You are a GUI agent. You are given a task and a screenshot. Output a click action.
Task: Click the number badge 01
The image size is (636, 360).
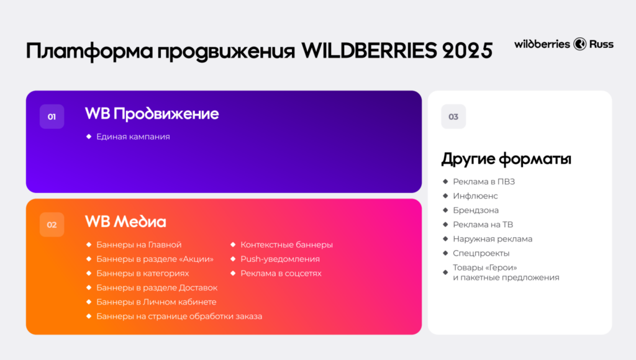(x=52, y=116)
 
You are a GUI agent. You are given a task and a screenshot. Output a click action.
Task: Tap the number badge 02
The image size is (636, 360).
(x=52, y=225)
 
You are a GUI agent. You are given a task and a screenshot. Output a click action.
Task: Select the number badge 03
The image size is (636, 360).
(x=453, y=117)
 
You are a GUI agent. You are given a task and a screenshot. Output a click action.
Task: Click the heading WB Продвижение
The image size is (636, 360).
(x=152, y=114)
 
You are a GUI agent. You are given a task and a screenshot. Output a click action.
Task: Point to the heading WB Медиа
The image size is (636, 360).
(x=125, y=222)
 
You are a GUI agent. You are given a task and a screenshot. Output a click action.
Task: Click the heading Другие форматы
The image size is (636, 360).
(x=506, y=159)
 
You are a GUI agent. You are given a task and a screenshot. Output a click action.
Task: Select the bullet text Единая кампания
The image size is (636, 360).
(x=133, y=137)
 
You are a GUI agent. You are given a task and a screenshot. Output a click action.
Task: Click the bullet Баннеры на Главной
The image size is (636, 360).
(x=139, y=245)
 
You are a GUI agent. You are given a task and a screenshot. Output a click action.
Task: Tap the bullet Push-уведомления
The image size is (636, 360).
(x=280, y=259)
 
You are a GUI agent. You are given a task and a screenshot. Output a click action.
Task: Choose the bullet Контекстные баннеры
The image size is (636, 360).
(x=286, y=245)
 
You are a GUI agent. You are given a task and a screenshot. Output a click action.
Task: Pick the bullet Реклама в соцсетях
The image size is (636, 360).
(x=281, y=273)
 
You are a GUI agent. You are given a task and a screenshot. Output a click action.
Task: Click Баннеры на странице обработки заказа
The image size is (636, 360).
(x=179, y=316)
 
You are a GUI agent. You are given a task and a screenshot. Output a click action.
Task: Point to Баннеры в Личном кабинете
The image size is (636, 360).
(x=156, y=302)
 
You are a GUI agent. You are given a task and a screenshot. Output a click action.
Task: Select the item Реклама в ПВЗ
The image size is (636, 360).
(x=484, y=181)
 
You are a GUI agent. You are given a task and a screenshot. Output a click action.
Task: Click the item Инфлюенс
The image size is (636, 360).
(x=475, y=196)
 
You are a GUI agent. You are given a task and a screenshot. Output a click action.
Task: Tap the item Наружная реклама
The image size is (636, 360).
(x=493, y=238)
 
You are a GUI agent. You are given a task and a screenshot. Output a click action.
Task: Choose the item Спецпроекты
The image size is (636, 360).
(x=481, y=253)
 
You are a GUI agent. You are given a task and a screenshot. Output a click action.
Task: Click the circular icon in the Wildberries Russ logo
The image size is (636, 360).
(x=579, y=44)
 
